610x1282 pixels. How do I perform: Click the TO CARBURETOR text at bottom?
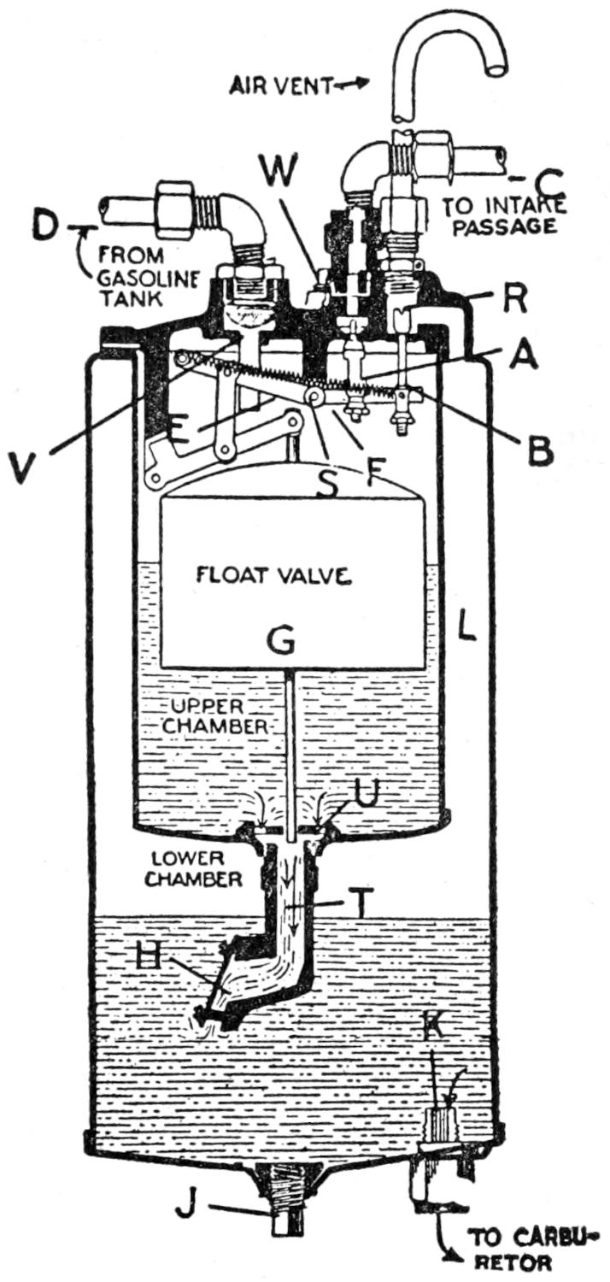click(x=532, y=1250)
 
